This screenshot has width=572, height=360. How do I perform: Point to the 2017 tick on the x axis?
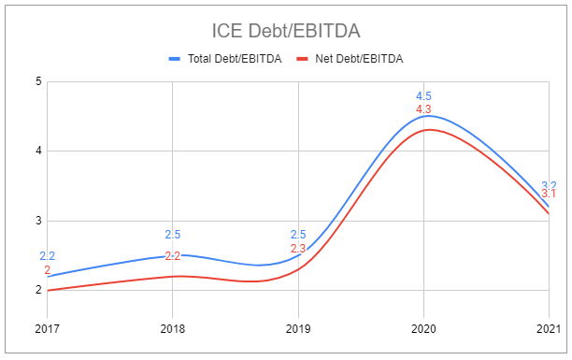point(47,328)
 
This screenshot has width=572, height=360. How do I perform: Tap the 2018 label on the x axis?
point(172,328)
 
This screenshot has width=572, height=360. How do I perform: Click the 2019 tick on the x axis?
point(298,328)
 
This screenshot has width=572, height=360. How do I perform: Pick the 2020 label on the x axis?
point(423,328)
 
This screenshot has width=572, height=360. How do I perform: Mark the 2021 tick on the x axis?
point(548,328)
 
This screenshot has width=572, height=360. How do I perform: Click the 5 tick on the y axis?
point(38,81)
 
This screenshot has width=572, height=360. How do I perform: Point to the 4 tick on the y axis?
point(38,151)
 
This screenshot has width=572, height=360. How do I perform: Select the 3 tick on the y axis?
point(38,221)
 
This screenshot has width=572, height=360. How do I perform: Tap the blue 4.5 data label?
point(423,96)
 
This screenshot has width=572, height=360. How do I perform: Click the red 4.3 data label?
point(423,110)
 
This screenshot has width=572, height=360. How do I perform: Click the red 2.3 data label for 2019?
point(298,249)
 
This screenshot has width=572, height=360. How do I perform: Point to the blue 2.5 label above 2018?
point(172,235)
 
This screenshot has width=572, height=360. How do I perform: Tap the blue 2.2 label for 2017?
point(47,256)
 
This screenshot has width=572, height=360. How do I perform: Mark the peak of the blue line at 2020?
point(423,116)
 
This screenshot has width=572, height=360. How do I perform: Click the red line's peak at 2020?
point(423,130)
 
